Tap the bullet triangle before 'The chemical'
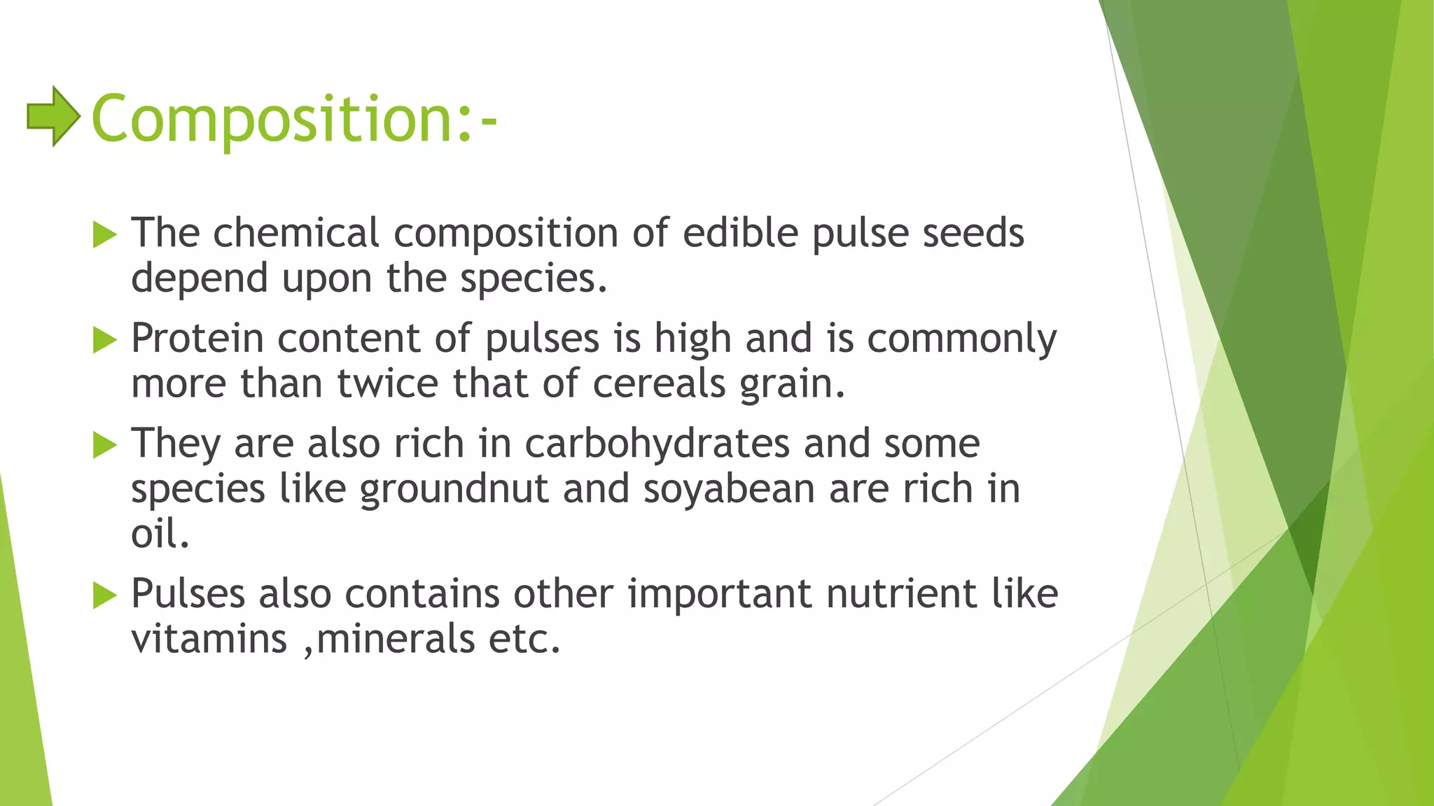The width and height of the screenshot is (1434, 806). click(x=104, y=235)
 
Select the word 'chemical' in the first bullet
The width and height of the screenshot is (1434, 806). click(x=295, y=233)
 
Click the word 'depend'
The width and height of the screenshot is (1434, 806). click(x=200, y=279)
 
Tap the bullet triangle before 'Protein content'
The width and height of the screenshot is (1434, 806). click(x=104, y=341)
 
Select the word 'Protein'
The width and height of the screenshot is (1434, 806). click(x=197, y=339)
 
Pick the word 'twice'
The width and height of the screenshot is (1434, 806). click(x=388, y=384)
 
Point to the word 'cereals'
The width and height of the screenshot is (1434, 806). click(x=659, y=384)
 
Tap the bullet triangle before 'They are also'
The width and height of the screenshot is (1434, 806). click(x=104, y=445)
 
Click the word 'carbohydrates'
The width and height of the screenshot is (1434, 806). click(x=657, y=444)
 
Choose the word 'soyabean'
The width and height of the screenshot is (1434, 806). click(x=729, y=489)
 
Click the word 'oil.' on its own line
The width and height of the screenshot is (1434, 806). click(x=160, y=535)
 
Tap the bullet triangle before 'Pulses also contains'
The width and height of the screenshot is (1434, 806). click(x=104, y=596)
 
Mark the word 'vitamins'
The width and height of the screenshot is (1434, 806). click(x=209, y=639)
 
